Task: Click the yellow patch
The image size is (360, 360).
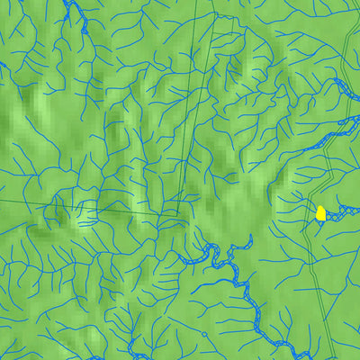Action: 320,213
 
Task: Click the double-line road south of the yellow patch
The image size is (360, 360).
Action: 310,270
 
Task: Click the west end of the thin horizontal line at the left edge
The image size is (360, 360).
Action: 2,196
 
